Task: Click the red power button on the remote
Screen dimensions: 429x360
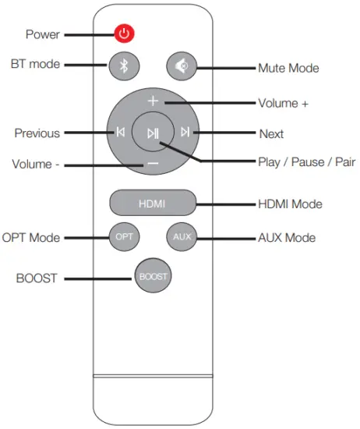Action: (125, 34)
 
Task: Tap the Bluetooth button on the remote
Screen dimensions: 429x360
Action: (123, 66)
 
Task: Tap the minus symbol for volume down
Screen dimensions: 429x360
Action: (153, 164)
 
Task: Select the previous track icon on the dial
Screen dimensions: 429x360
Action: (121, 133)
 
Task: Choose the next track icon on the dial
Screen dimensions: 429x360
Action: (185, 133)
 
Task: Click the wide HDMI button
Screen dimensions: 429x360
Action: (152, 204)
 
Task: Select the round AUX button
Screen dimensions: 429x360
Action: (181, 236)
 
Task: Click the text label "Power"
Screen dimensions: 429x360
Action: (42, 34)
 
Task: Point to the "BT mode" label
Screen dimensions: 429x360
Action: (34, 64)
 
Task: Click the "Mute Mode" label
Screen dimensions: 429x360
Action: (289, 69)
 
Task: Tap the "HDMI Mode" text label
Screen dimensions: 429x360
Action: (290, 204)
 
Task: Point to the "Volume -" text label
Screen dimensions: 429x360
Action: (36, 165)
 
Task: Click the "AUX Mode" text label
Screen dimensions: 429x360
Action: (286, 236)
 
